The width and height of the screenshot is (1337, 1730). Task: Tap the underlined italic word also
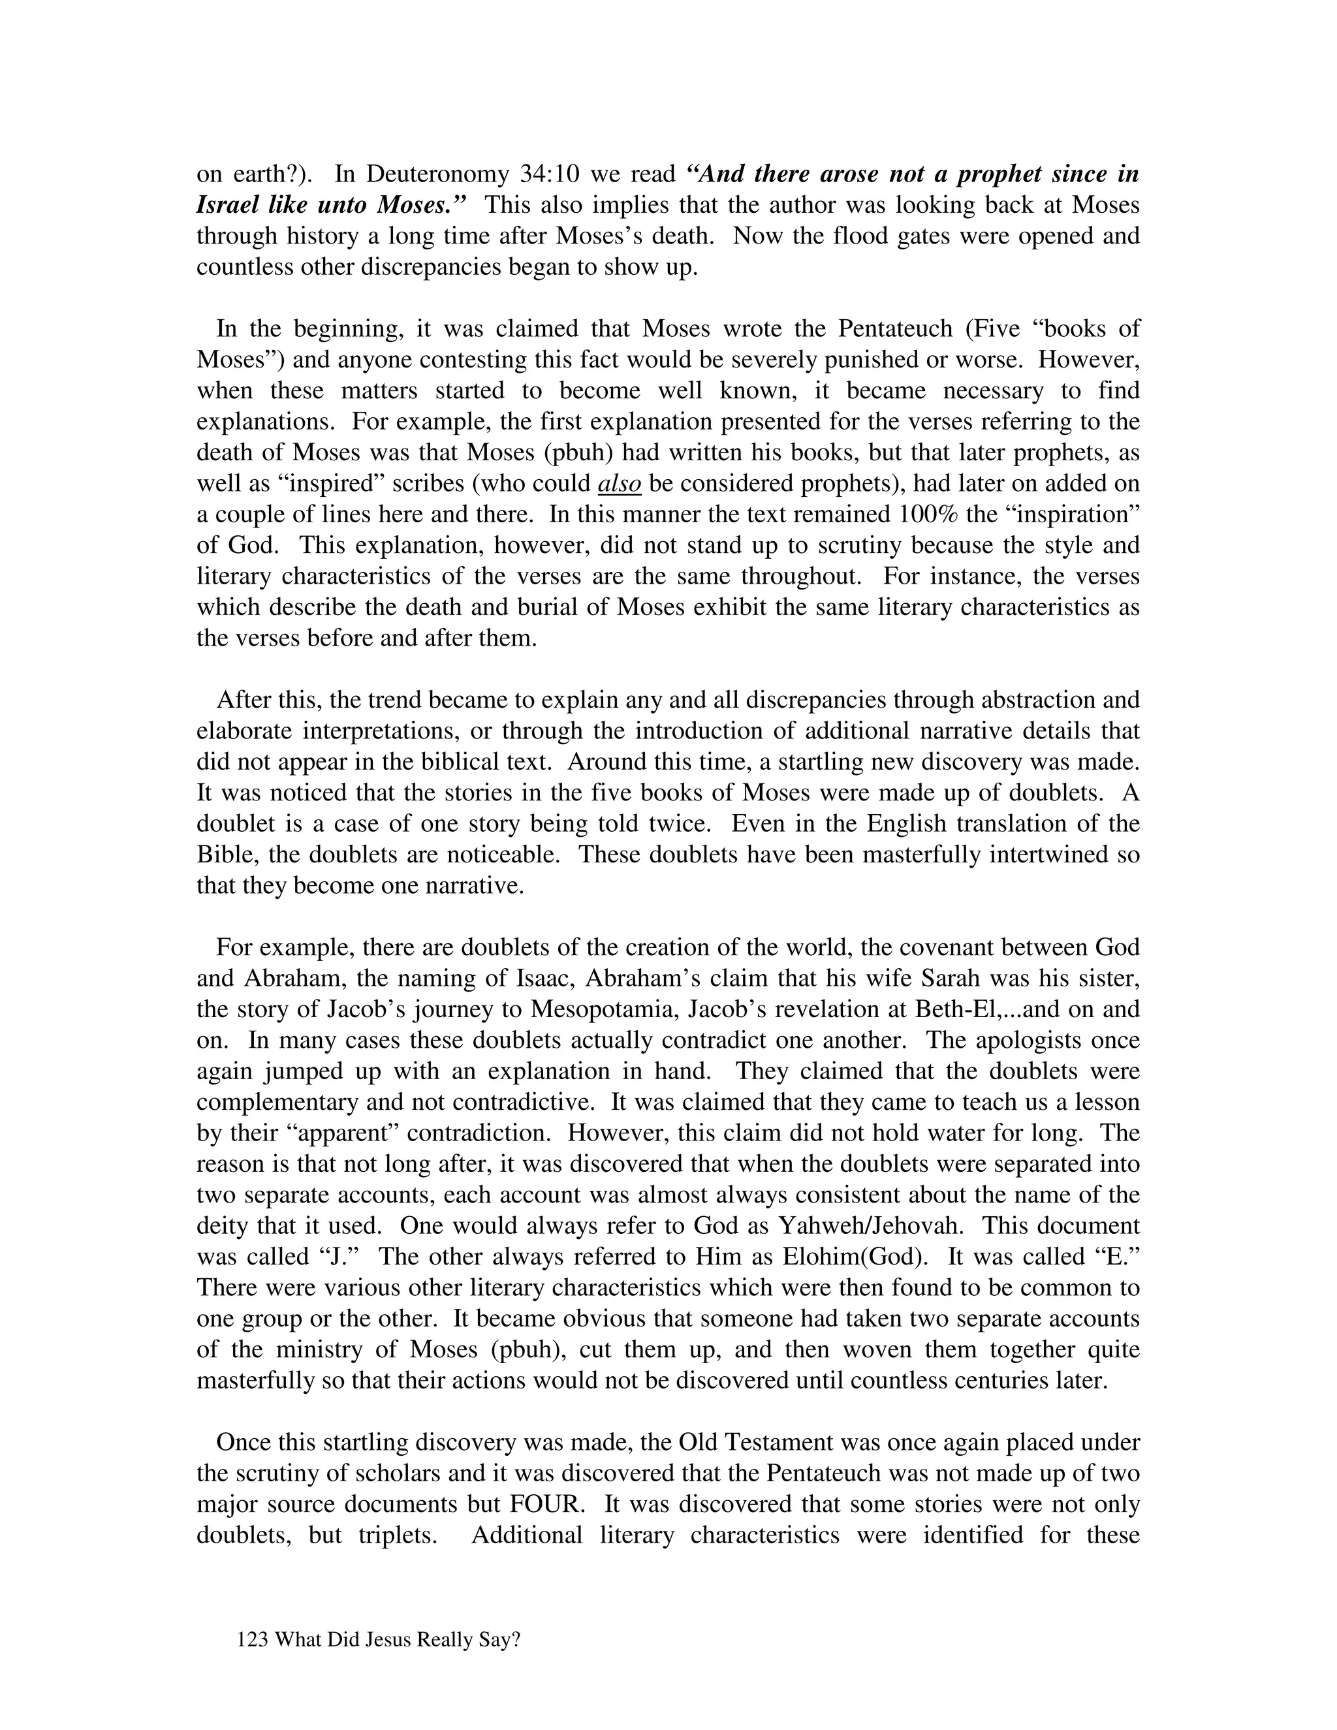click(619, 484)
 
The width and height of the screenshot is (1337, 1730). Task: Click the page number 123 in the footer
click(253, 1641)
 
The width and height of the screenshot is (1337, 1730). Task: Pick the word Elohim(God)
click(855, 1257)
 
